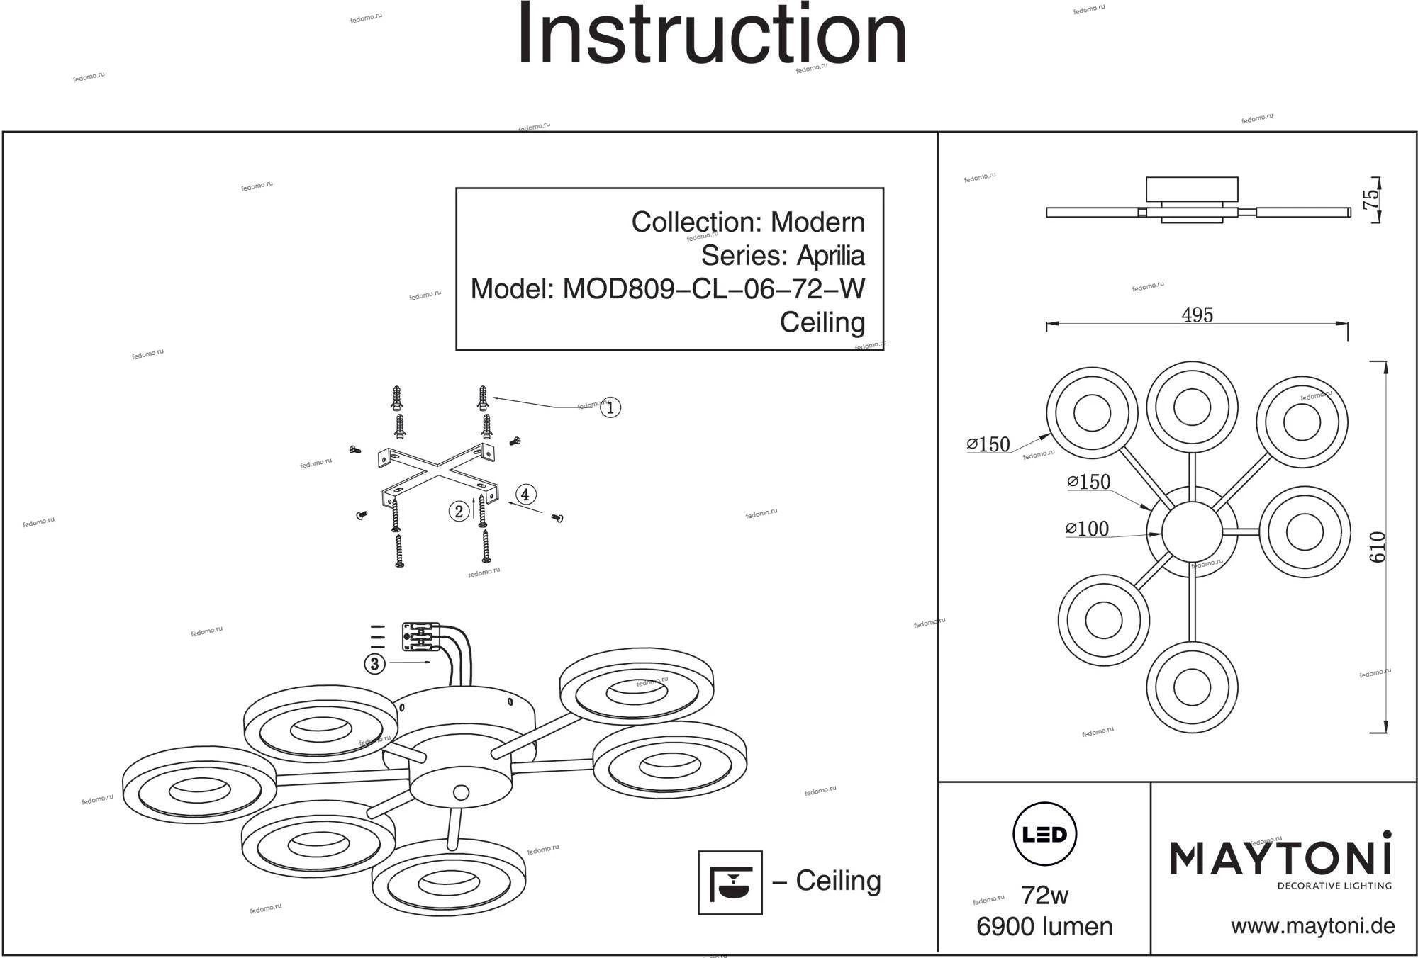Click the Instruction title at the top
pyautogui.click(x=712, y=35)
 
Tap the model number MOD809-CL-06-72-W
pyautogui.click(x=713, y=289)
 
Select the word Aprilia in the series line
pyautogui.click(x=830, y=256)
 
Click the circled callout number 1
pyautogui.click(x=610, y=407)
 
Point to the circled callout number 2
pyautogui.click(x=459, y=512)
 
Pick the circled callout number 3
pyautogui.click(x=374, y=664)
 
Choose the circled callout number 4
pyautogui.click(x=525, y=495)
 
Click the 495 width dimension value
pyautogui.click(x=1197, y=315)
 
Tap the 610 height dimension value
pyautogui.click(x=1377, y=547)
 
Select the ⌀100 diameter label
pyautogui.click(x=1087, y=529)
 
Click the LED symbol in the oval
pyautogui.click(x=1045, y=834)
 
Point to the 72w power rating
pyautogui.click(x=1044, y=896)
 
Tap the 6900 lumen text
pyautogui.click(x=1044, y=927)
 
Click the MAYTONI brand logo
pyautogui.click(x=1280, y=858)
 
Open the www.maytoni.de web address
pyautogui.click(x=1312, y=926)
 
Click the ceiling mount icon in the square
pyautogui.click(x=730, y=882)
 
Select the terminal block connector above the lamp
pyautogui.click(x=420, y=637)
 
